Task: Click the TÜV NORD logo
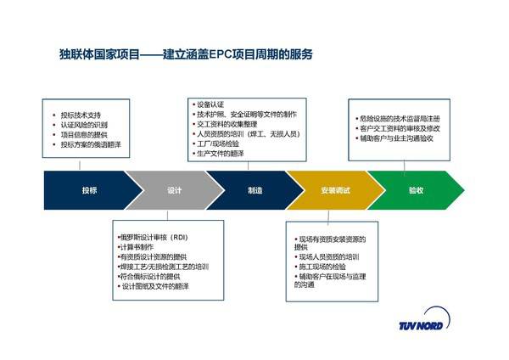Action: point(428,325)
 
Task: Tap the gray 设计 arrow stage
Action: point(174,190)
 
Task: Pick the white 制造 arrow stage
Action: point(254,190)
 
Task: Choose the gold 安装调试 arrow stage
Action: point(335,190)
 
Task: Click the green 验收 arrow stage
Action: point(415,190)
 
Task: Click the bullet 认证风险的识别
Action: point(85,124)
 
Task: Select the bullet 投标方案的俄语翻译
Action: point(91,145)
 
